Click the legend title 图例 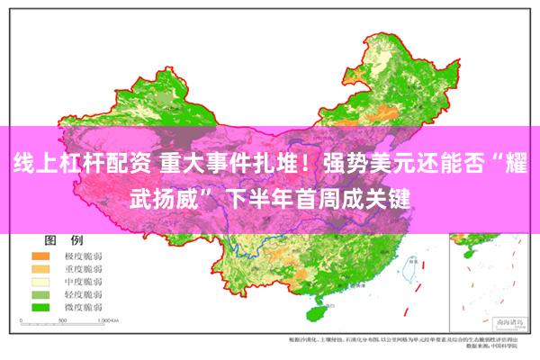click(x=64, y=241)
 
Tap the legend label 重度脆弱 click(x=81, y=269)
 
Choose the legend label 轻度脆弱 click(x=81, y=294)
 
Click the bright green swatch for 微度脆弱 click(x=40, y=307)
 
